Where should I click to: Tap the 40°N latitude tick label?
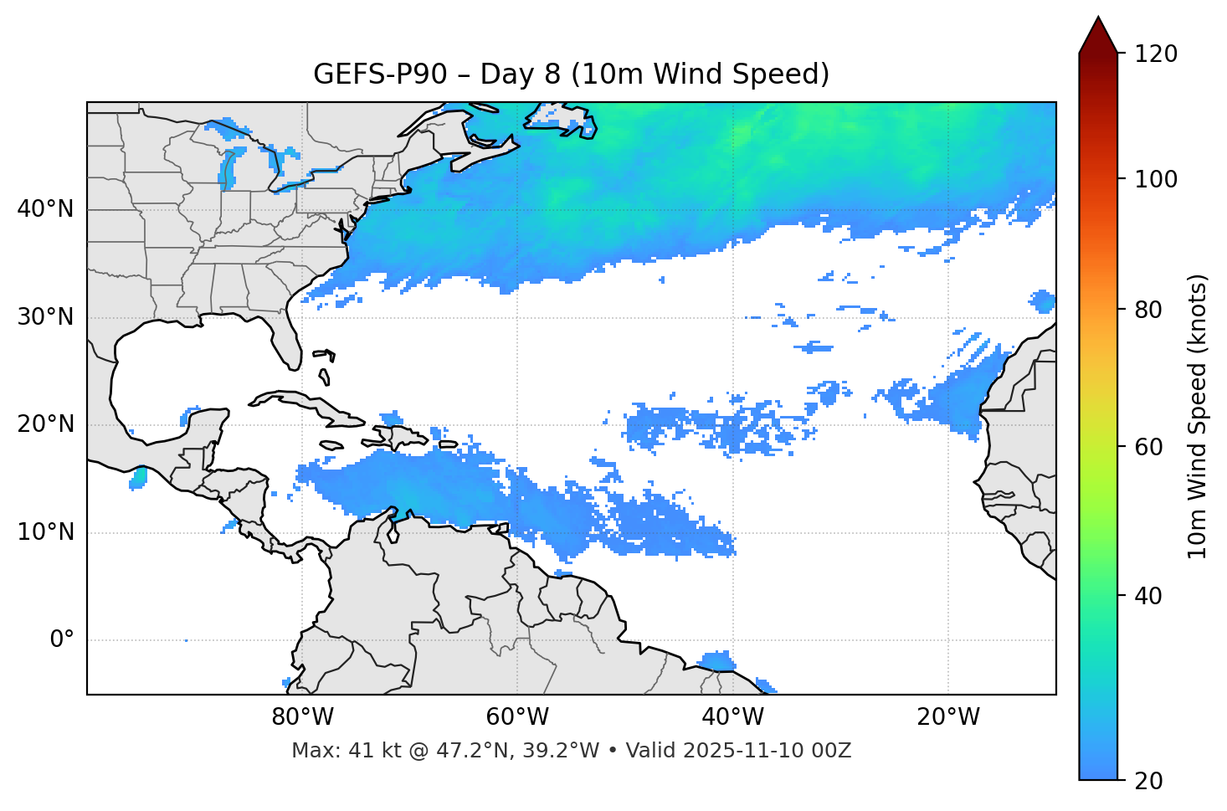coord(45,209)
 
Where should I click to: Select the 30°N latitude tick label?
coord(45,317)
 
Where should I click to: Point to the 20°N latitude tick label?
coord(45,424)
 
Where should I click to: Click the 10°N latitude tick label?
coord(45,532)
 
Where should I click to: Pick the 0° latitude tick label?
coord(62,640)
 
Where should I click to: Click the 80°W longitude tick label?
coord(302,717)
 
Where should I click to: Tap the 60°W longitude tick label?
coord(517,717)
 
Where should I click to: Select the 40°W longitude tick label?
coord(732,717)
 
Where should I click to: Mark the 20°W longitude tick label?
coord(947,717)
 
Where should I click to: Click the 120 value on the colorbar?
coord(1156,54)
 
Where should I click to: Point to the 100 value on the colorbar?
coord(1156,179)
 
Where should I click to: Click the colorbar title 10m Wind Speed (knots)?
coord(1198,417)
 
